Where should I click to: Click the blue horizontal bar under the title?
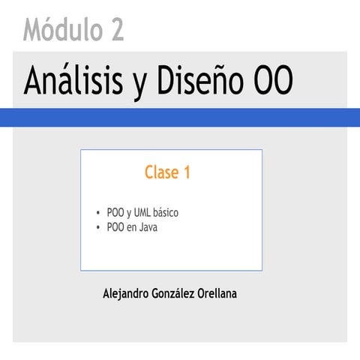click(x=180, y=117)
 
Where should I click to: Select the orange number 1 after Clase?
click(x=186, y=172)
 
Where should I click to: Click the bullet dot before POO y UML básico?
click(x=99, y=213)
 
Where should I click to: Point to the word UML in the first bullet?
click(x=143, y=213)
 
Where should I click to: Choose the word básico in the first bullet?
click(x=167, y=213)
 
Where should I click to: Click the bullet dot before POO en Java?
click(x=99, y=226)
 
